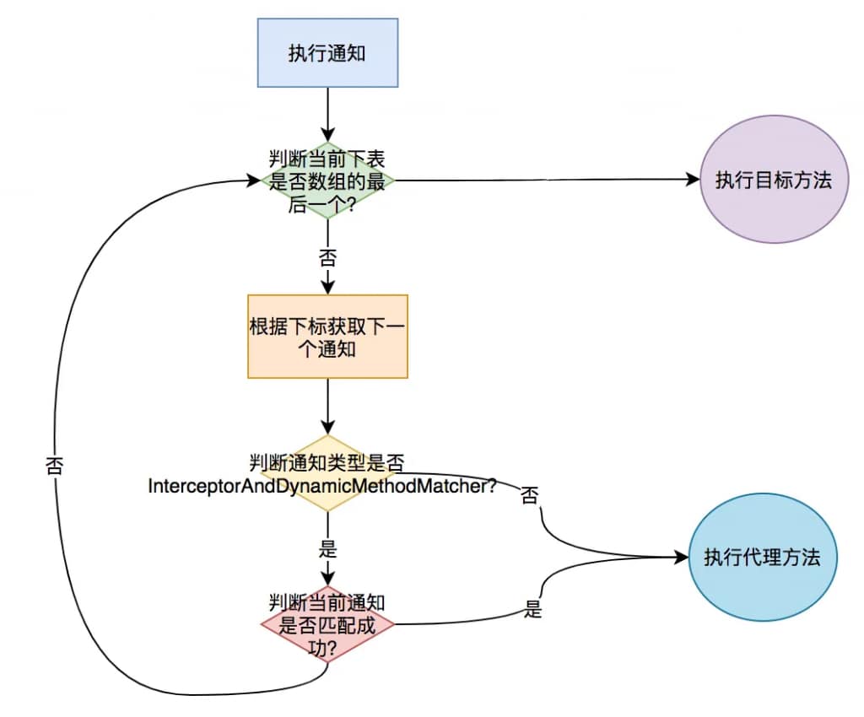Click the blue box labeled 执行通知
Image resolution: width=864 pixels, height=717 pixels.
pos(327,53)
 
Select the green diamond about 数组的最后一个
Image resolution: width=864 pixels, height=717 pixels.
pos(327,181)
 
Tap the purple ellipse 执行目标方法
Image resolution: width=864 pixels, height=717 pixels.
pos(773,181)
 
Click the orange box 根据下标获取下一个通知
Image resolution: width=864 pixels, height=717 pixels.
pos(327,336)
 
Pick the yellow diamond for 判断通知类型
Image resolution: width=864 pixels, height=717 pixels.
pos(327,473)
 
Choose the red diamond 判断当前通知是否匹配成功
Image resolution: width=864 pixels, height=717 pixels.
pos(327,625)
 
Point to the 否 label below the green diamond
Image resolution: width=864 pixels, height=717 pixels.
pos(327,256)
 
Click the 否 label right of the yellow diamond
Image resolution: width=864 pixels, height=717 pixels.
pos(530,495)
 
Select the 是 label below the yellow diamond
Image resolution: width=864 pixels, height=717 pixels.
pos(327,549)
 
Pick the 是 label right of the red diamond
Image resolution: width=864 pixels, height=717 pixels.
pos(532,610)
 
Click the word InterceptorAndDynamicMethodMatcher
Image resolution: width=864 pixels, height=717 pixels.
pos(321,487)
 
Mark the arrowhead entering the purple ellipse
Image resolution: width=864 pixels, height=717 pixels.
pos(693,181)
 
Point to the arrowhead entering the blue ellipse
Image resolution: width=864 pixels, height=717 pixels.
pos(682,558)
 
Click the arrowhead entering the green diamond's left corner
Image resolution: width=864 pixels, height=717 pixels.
pos(252,181)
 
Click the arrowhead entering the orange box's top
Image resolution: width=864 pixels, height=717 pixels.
pos(327,287)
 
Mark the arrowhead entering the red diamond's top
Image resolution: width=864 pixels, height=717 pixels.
pos(327,578)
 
